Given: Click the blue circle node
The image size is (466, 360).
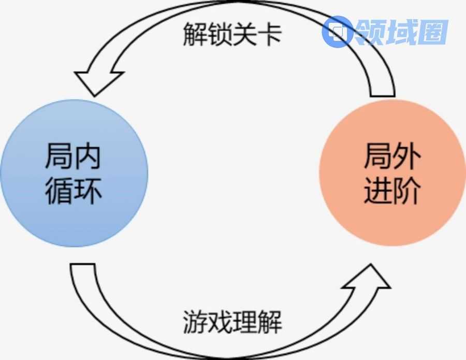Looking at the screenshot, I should (74, 173).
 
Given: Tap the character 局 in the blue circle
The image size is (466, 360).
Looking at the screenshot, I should (59, 156).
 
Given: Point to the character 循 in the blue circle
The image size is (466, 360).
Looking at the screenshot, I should (59, 190).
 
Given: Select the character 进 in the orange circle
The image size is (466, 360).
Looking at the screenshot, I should (377, 191).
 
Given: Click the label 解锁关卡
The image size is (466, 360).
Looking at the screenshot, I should (233, 34).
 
